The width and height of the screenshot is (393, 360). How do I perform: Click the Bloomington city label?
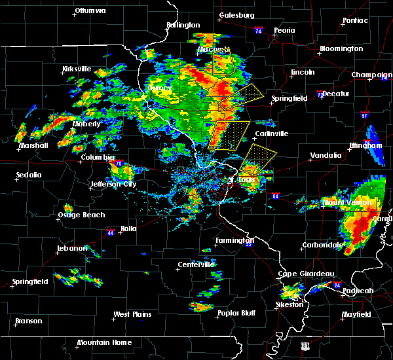(x=341, y=49)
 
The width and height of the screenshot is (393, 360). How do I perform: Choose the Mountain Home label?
(x=105, y=342)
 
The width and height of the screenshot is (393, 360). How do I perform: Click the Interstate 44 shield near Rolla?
(x=111, y=232)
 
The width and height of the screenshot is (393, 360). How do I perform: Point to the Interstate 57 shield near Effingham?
(x=364, y=115)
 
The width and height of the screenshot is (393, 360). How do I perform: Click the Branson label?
(x=29, y=321)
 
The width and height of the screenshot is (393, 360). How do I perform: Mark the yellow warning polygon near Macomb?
(x=225, y=62)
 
